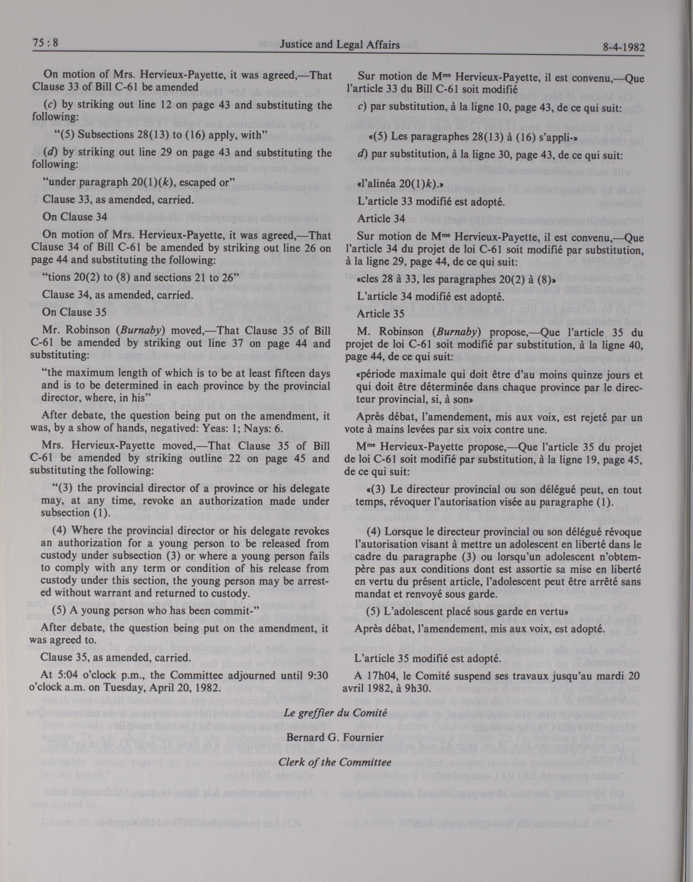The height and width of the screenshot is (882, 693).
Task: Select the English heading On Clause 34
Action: (x=75, y=217)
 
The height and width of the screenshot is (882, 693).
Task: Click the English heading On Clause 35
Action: (x=75, y=312)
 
